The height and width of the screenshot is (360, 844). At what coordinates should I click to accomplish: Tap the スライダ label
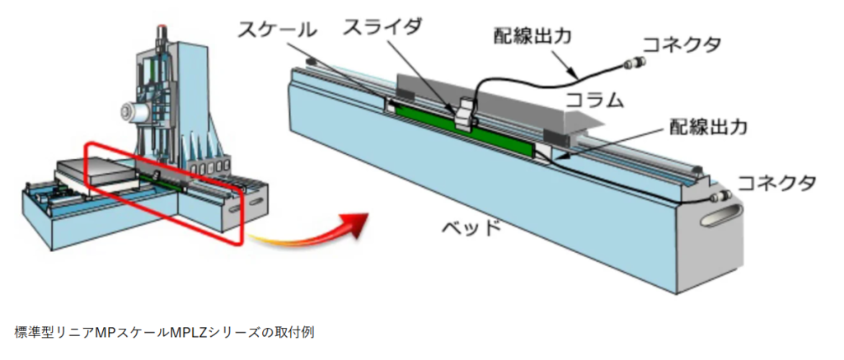point(382,27)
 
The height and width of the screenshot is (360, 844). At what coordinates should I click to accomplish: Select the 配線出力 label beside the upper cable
point(532,36)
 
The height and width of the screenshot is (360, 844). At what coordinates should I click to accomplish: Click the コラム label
point(592,101)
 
